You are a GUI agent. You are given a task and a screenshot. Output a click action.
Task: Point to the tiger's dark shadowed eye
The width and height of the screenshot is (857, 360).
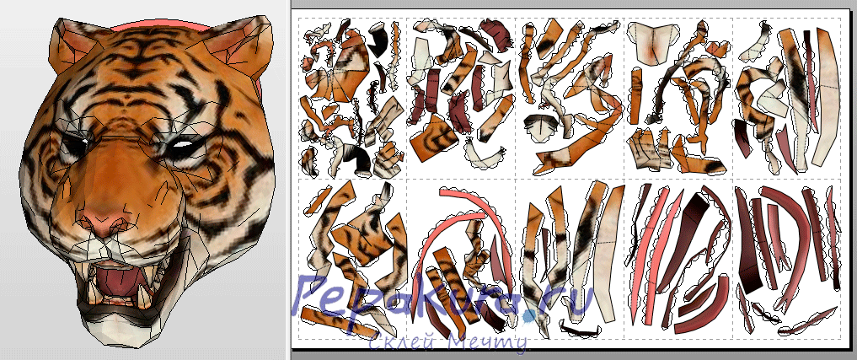tap(73, 146)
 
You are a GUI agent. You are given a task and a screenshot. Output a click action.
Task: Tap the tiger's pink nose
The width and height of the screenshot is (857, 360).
tap(103, 220)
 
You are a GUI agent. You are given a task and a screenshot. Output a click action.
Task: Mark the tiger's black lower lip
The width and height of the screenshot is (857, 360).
tap(123, 312)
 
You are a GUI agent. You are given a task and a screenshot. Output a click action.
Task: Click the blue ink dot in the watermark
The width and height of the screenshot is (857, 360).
tap(528, 315)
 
